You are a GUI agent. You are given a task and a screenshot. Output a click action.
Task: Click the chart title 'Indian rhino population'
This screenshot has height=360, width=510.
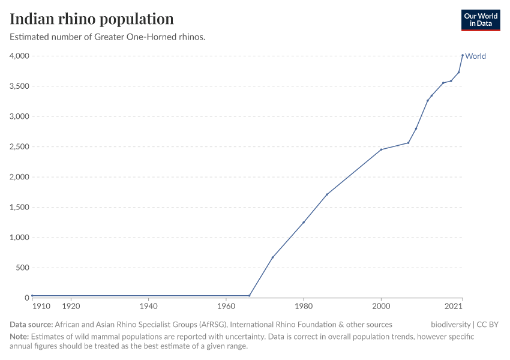92,19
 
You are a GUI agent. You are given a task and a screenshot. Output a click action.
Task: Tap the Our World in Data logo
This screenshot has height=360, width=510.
480,20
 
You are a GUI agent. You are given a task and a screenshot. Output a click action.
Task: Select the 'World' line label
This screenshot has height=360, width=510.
475,56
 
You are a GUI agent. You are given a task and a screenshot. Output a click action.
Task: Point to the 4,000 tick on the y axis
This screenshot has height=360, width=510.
19,56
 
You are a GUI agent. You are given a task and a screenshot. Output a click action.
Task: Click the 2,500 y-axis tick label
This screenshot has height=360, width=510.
19,147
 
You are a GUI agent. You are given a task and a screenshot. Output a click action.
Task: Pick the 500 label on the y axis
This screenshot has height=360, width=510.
22,268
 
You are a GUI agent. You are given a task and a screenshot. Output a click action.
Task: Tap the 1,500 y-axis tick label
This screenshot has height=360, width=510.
19,208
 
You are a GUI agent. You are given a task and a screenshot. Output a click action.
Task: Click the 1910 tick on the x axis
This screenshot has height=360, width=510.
42,306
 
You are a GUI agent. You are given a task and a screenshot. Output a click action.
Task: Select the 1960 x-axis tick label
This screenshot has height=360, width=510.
226,306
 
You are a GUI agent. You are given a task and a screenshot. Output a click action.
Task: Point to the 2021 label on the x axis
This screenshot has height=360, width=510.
454,306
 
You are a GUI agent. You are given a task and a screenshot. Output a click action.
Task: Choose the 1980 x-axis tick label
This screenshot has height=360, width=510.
304,306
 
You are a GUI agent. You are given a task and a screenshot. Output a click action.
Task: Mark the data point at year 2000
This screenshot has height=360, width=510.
381,149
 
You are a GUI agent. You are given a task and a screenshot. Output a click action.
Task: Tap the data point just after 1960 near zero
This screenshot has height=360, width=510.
249,295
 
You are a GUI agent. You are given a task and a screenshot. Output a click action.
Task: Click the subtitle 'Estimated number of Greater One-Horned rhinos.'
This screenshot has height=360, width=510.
108,37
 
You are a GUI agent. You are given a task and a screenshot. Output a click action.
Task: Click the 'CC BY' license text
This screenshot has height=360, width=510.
488,325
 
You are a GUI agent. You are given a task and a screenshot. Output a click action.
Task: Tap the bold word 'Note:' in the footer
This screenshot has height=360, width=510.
19,337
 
